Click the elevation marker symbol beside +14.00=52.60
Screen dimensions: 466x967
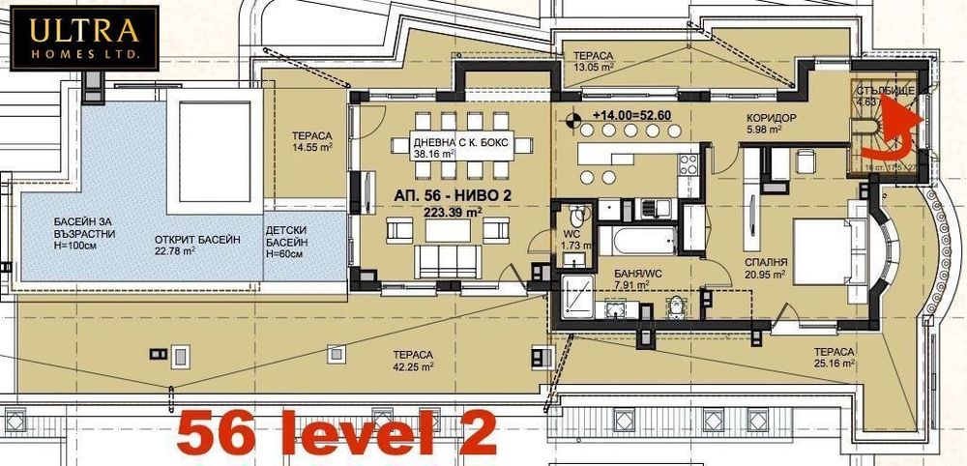(576, 120)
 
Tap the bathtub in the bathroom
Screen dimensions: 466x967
(637, 241)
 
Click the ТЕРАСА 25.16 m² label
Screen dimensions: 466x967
(833, 360)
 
